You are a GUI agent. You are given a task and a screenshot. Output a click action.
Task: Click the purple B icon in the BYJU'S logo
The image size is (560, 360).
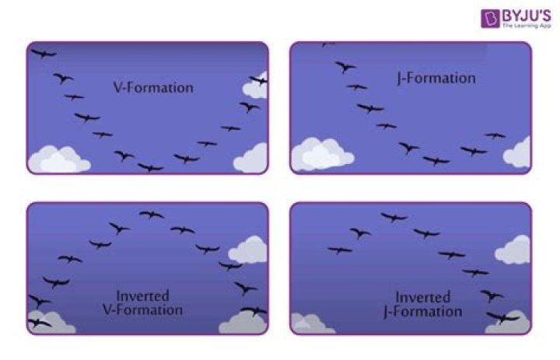(490, 18)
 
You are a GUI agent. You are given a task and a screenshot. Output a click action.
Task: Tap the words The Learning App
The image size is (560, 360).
(527, 26)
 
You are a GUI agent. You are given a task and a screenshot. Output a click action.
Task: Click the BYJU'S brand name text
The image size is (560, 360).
(527, 16)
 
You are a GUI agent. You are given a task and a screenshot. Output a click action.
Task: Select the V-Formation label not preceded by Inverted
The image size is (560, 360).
(153, 88)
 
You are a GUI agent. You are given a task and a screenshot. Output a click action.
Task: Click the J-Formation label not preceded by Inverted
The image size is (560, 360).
(436, 79)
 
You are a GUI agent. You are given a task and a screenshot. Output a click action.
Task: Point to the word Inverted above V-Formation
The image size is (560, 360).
(142, 296)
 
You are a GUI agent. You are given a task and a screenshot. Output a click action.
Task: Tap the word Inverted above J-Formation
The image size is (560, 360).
(423, 298)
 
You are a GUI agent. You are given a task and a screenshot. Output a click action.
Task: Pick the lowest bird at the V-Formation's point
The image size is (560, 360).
(151, 167)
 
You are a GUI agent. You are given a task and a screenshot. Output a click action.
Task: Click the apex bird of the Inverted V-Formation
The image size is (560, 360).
(152, 215)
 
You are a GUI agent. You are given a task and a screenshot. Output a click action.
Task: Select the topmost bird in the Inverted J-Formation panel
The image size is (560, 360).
(394, 217)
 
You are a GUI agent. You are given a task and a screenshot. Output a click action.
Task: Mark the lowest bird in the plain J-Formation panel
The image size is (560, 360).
(436, 161)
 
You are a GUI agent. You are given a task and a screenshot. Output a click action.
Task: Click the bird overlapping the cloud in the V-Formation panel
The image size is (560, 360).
(258, 80)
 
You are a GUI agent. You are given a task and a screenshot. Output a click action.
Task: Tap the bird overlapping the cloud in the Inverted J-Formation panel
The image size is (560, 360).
(502, 316)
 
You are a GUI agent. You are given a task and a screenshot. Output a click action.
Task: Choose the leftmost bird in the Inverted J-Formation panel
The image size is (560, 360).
(340, 250)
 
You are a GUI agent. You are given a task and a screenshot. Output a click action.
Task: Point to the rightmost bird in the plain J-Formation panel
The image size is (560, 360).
(495, 135)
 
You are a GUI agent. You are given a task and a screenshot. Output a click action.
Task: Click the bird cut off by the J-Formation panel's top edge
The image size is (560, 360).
(327, 44)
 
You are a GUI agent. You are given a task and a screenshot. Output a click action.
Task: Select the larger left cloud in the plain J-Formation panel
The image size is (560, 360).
(322, 154)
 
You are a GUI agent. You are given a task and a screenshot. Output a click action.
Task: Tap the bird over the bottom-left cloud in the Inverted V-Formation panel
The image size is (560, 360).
(39, 323)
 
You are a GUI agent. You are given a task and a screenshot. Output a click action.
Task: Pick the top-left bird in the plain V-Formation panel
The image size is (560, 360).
(44, 54)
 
